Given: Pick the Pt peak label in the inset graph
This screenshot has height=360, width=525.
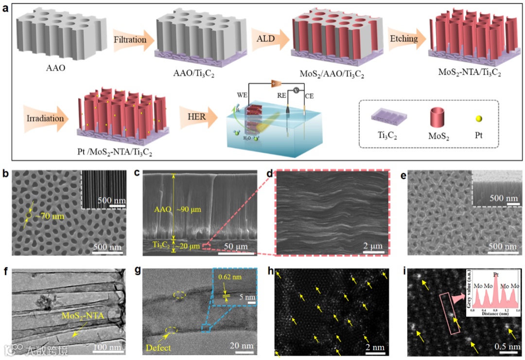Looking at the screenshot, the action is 494,274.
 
